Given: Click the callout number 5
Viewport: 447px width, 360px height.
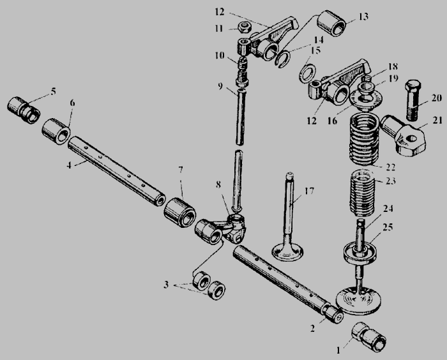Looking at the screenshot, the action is click(53, 91).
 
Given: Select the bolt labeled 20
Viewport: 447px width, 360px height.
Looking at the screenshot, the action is click(413, 100).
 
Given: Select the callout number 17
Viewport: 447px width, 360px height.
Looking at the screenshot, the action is click(309, 190).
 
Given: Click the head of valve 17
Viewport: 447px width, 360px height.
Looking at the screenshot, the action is click(287, 253).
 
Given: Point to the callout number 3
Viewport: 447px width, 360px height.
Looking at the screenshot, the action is click(166, 285).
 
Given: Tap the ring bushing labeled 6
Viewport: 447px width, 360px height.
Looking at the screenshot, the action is click(57, 131).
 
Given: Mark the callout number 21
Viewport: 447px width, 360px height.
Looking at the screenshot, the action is click(437, 120).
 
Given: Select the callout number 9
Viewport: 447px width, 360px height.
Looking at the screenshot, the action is click(220, 86).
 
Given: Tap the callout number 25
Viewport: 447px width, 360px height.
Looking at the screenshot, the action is click(388, 227).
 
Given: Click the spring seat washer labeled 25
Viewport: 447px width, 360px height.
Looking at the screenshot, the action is click(360, 252).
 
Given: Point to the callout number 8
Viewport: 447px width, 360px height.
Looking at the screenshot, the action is click(218, 184).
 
